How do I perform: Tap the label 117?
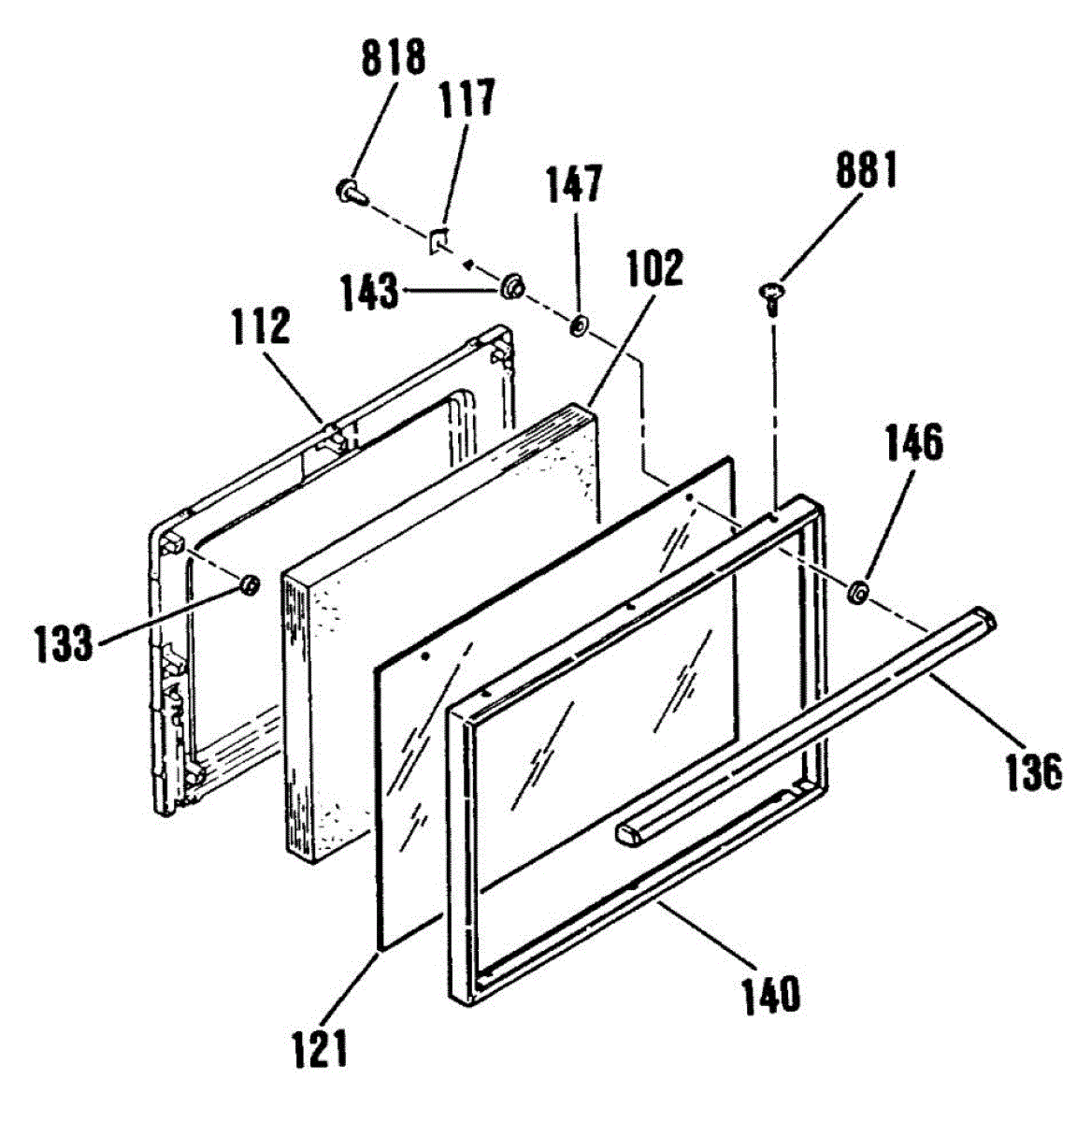point(467,98)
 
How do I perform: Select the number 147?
point(574,184)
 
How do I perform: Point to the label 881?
point(865,173)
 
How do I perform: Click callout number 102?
point(655,268)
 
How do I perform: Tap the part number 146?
point(912,444)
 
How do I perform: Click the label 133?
point(64,643)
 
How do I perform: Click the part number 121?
point(318,1047)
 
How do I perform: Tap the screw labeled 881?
point(769,297)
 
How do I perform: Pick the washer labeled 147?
point(578,325)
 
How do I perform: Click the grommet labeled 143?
point(511,285)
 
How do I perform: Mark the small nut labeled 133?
point(249,585)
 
